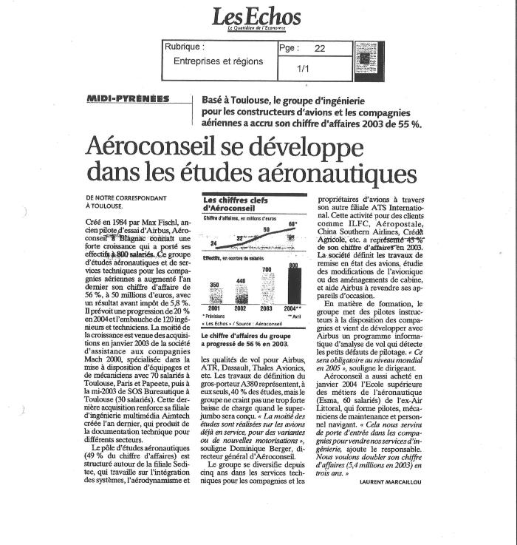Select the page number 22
tap(319, 47)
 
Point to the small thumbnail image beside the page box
tap(365, 59)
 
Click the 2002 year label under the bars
tap(241, 308)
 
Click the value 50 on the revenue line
tap(268, 230)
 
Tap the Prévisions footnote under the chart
tap(217, 316)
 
